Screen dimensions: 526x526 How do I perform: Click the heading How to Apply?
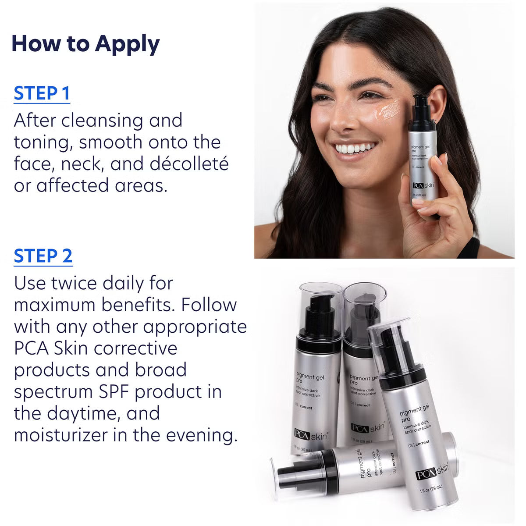coord(85,44)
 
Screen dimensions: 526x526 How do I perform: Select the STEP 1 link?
coord(42,93)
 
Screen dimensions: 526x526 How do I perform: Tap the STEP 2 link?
coord(43,256)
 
